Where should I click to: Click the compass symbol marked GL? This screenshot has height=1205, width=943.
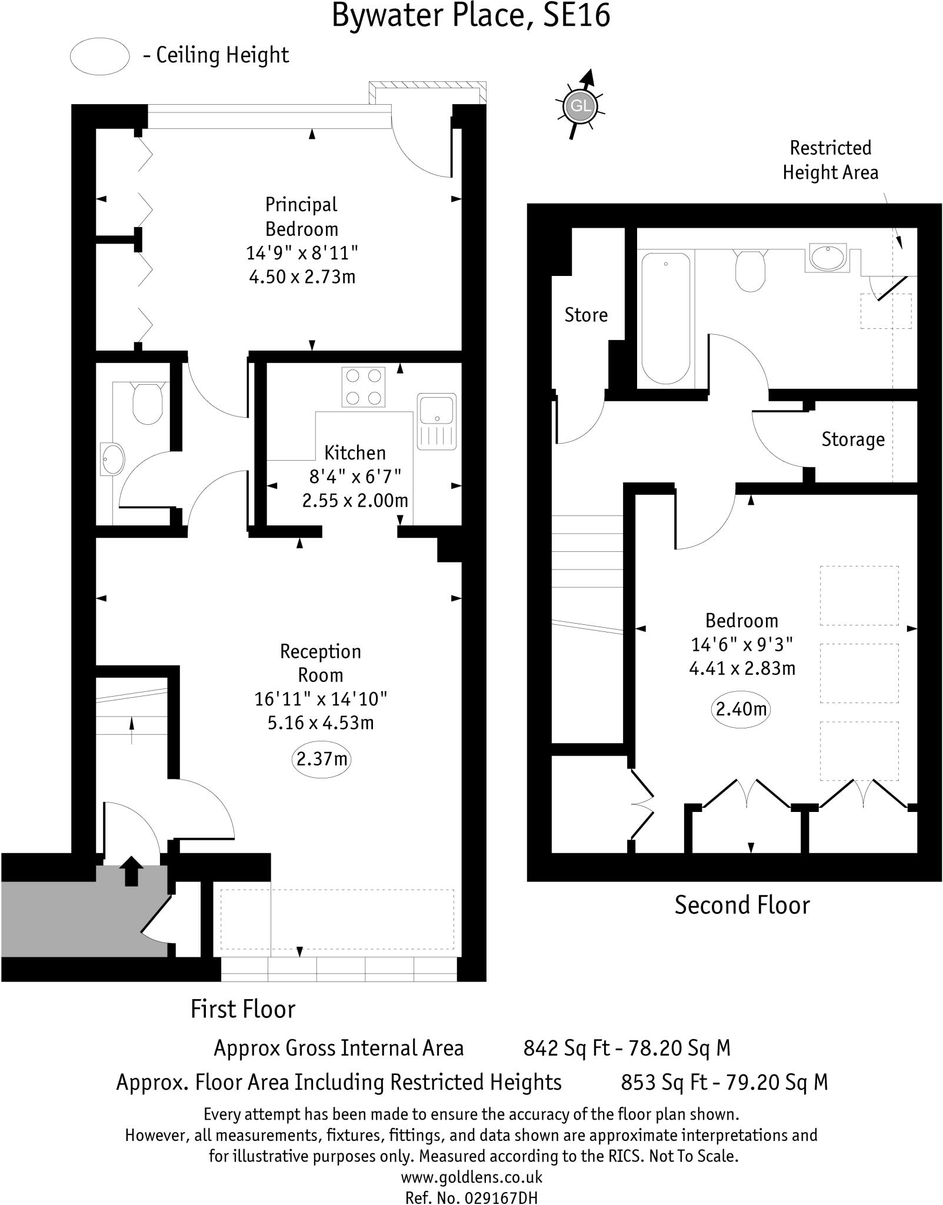click(x=580, y=106)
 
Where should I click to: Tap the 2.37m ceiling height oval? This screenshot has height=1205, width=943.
click(x=321, y=759)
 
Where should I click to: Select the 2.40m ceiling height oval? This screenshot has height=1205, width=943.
click(x=741, y=708)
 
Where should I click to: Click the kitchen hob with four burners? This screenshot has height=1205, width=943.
click(x=363, y=387)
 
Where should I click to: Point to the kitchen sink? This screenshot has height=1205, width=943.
click(x=436, y=420)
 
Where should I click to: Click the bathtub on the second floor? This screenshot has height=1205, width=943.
click(x=665, y=318)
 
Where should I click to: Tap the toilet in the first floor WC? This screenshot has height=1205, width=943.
click(x=147, y=403)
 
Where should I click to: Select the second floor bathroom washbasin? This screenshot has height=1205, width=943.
click(x=827, y=257)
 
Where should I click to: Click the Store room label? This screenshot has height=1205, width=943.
click(x=586, y=315)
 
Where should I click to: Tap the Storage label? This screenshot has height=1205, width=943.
click(x=853, y=440)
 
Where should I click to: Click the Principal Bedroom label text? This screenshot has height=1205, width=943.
click(x=301, y=217)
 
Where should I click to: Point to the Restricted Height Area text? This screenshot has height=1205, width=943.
click(x=830, y=160)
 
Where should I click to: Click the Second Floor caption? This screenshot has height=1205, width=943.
click(x=742, y=905)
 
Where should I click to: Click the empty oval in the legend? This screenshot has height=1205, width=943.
click(x=99, y=56)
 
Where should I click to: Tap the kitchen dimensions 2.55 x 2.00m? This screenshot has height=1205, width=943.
click(x=355, y=501)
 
